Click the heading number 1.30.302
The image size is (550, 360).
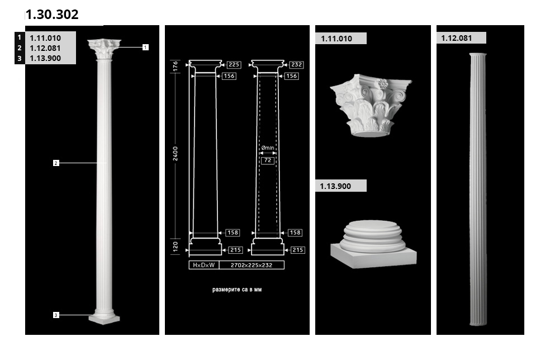click(52, 15)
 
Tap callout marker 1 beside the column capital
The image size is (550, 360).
click(145, 47)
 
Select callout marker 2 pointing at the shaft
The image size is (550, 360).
click(56, 163)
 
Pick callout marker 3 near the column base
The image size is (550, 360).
click(56, 315)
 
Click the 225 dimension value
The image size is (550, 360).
click(234, 64)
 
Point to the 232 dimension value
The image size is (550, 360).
click(296, 64)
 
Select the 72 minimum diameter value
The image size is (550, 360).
click(268, 160)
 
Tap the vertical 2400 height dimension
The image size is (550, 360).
click(175, 154)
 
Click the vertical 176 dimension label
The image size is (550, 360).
click(175, 66)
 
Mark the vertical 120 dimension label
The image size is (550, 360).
click(175, 247)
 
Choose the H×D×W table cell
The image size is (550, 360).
click(204, 265)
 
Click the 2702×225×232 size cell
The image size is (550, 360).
click(252, 265)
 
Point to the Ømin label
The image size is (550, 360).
click(268, 148)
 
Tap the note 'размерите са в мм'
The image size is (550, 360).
click(237, 290)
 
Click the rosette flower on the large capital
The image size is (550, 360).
click(382, 83)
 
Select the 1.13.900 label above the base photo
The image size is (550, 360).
click(335, 186)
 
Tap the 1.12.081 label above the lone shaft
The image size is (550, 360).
click(456, 38)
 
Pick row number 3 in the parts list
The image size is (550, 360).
click(20, 58)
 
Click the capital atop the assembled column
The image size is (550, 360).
click(104, 49)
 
